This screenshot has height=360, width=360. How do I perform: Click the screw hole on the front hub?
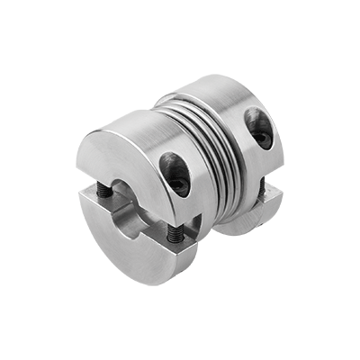175,172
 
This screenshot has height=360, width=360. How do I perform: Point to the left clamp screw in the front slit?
106,191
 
